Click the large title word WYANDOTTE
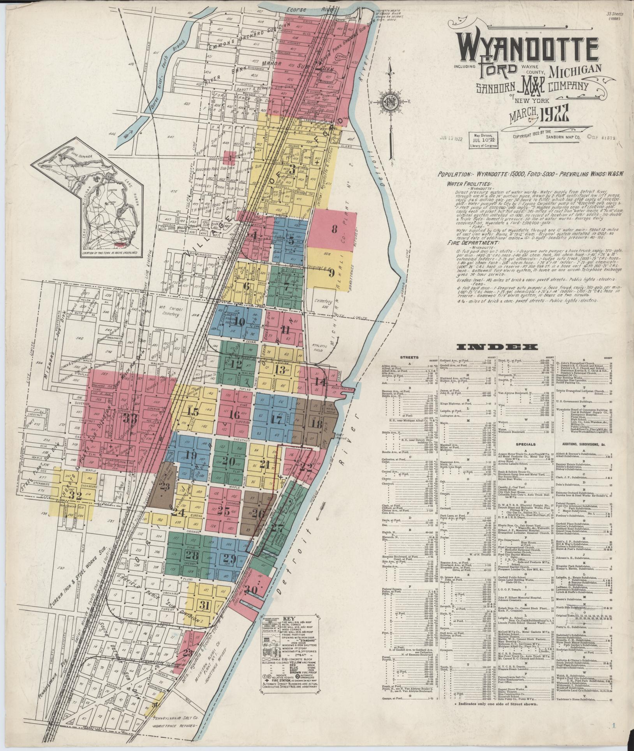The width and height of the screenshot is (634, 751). [x=528, y=50]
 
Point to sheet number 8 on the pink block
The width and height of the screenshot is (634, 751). [x=334, y=229]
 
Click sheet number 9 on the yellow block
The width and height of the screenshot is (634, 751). [x=331, y=273]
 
